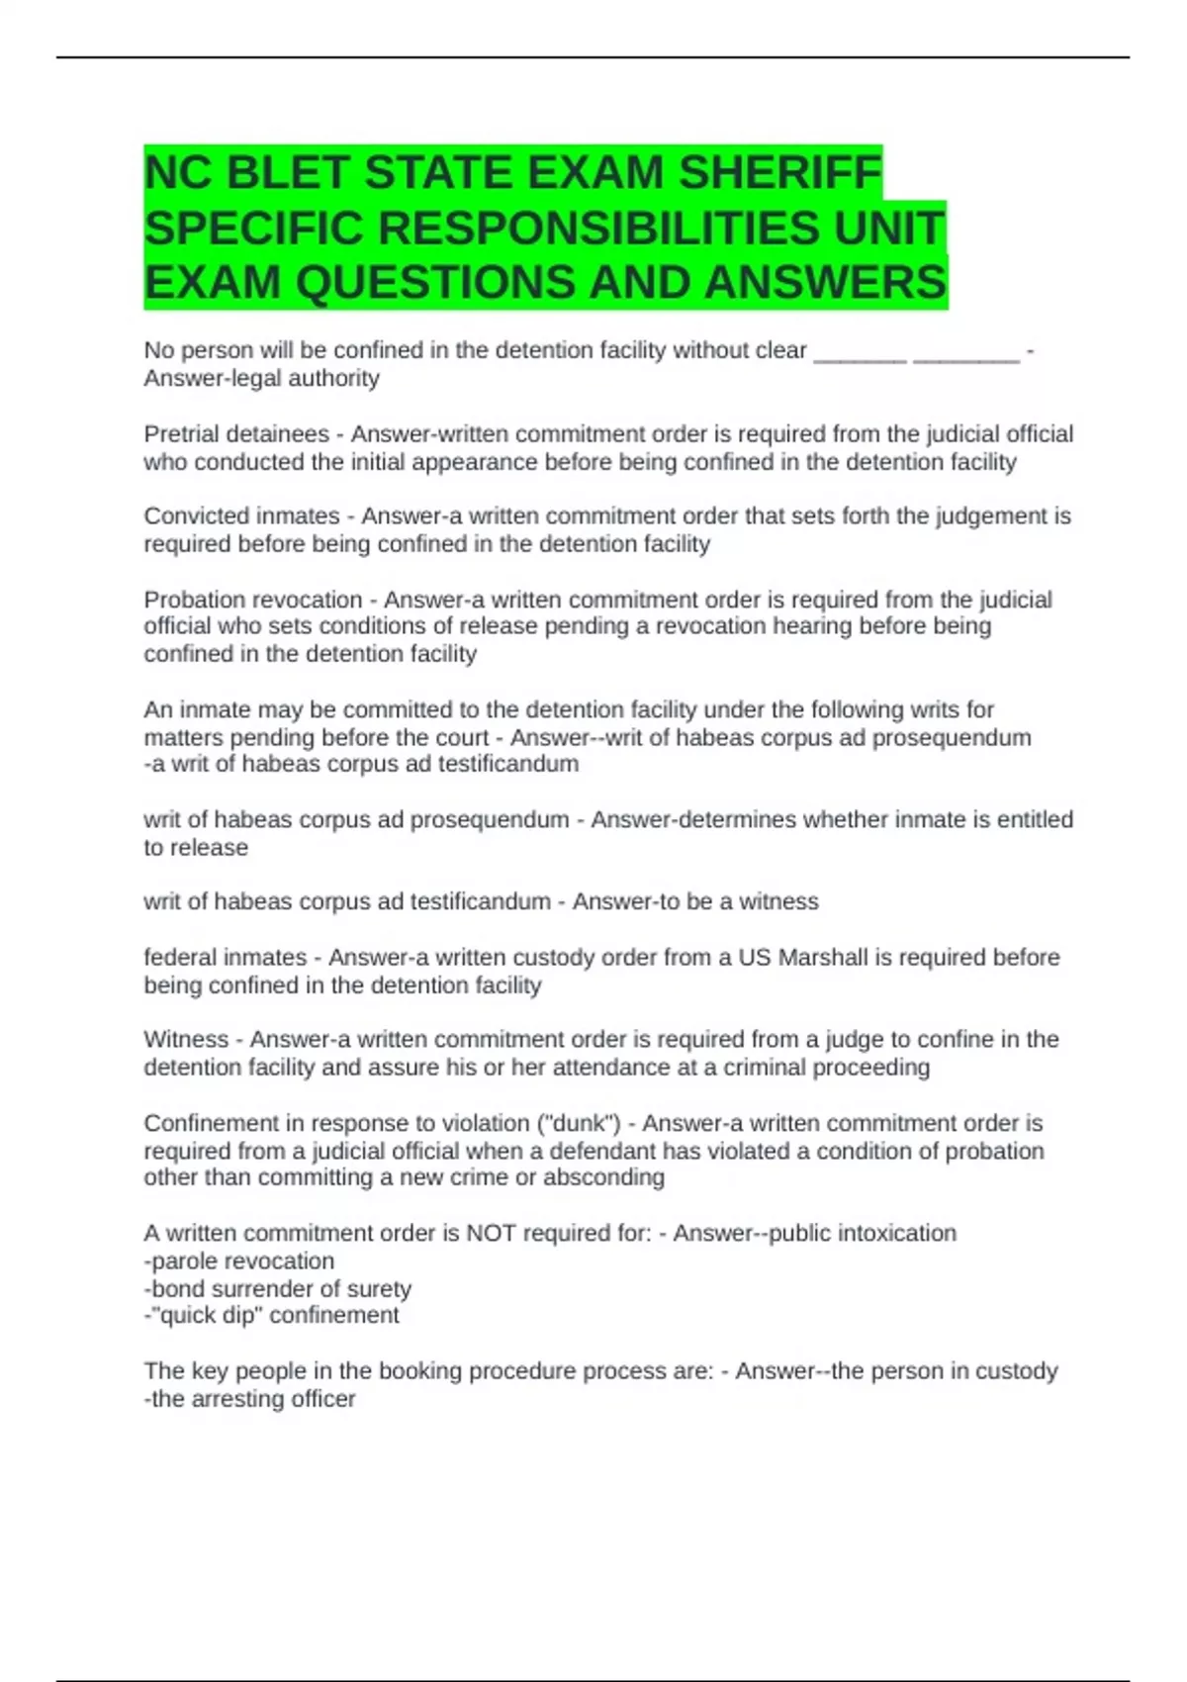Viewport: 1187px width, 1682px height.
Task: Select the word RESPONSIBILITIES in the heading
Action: (x=598, y=229)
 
